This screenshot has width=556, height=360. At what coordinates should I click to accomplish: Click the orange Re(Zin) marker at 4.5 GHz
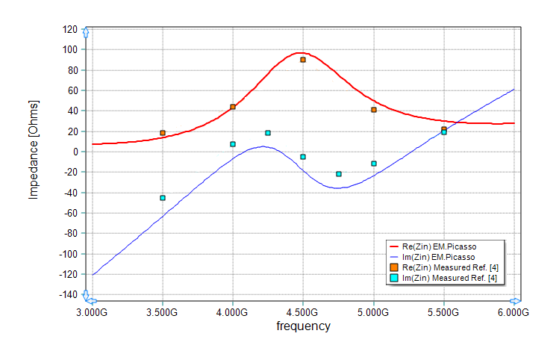coord(303,60)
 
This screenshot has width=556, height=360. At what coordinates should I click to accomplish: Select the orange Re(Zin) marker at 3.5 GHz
coord(163,133)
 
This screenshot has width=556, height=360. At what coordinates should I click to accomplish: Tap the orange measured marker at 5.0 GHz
coord(374,110)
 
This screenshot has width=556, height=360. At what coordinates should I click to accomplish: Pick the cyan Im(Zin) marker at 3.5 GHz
coord(163,198)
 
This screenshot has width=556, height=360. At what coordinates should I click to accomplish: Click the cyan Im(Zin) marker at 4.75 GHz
coord(339,174)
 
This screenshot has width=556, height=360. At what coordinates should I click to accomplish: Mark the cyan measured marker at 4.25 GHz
coord(268,133)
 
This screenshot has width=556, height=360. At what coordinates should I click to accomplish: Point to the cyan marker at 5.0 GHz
coord(374,164)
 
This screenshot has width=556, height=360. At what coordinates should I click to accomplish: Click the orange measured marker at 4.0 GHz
coord(233,107)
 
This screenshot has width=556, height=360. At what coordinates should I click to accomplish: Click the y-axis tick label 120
coord(69,29)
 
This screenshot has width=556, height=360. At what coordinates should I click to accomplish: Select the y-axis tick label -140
coord(68,294)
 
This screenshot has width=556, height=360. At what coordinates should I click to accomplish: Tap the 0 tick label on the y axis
coord(75,152)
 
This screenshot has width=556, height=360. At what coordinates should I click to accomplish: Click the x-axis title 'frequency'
coord(303,326)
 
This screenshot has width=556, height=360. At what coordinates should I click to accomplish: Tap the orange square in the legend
coord(394,267)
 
